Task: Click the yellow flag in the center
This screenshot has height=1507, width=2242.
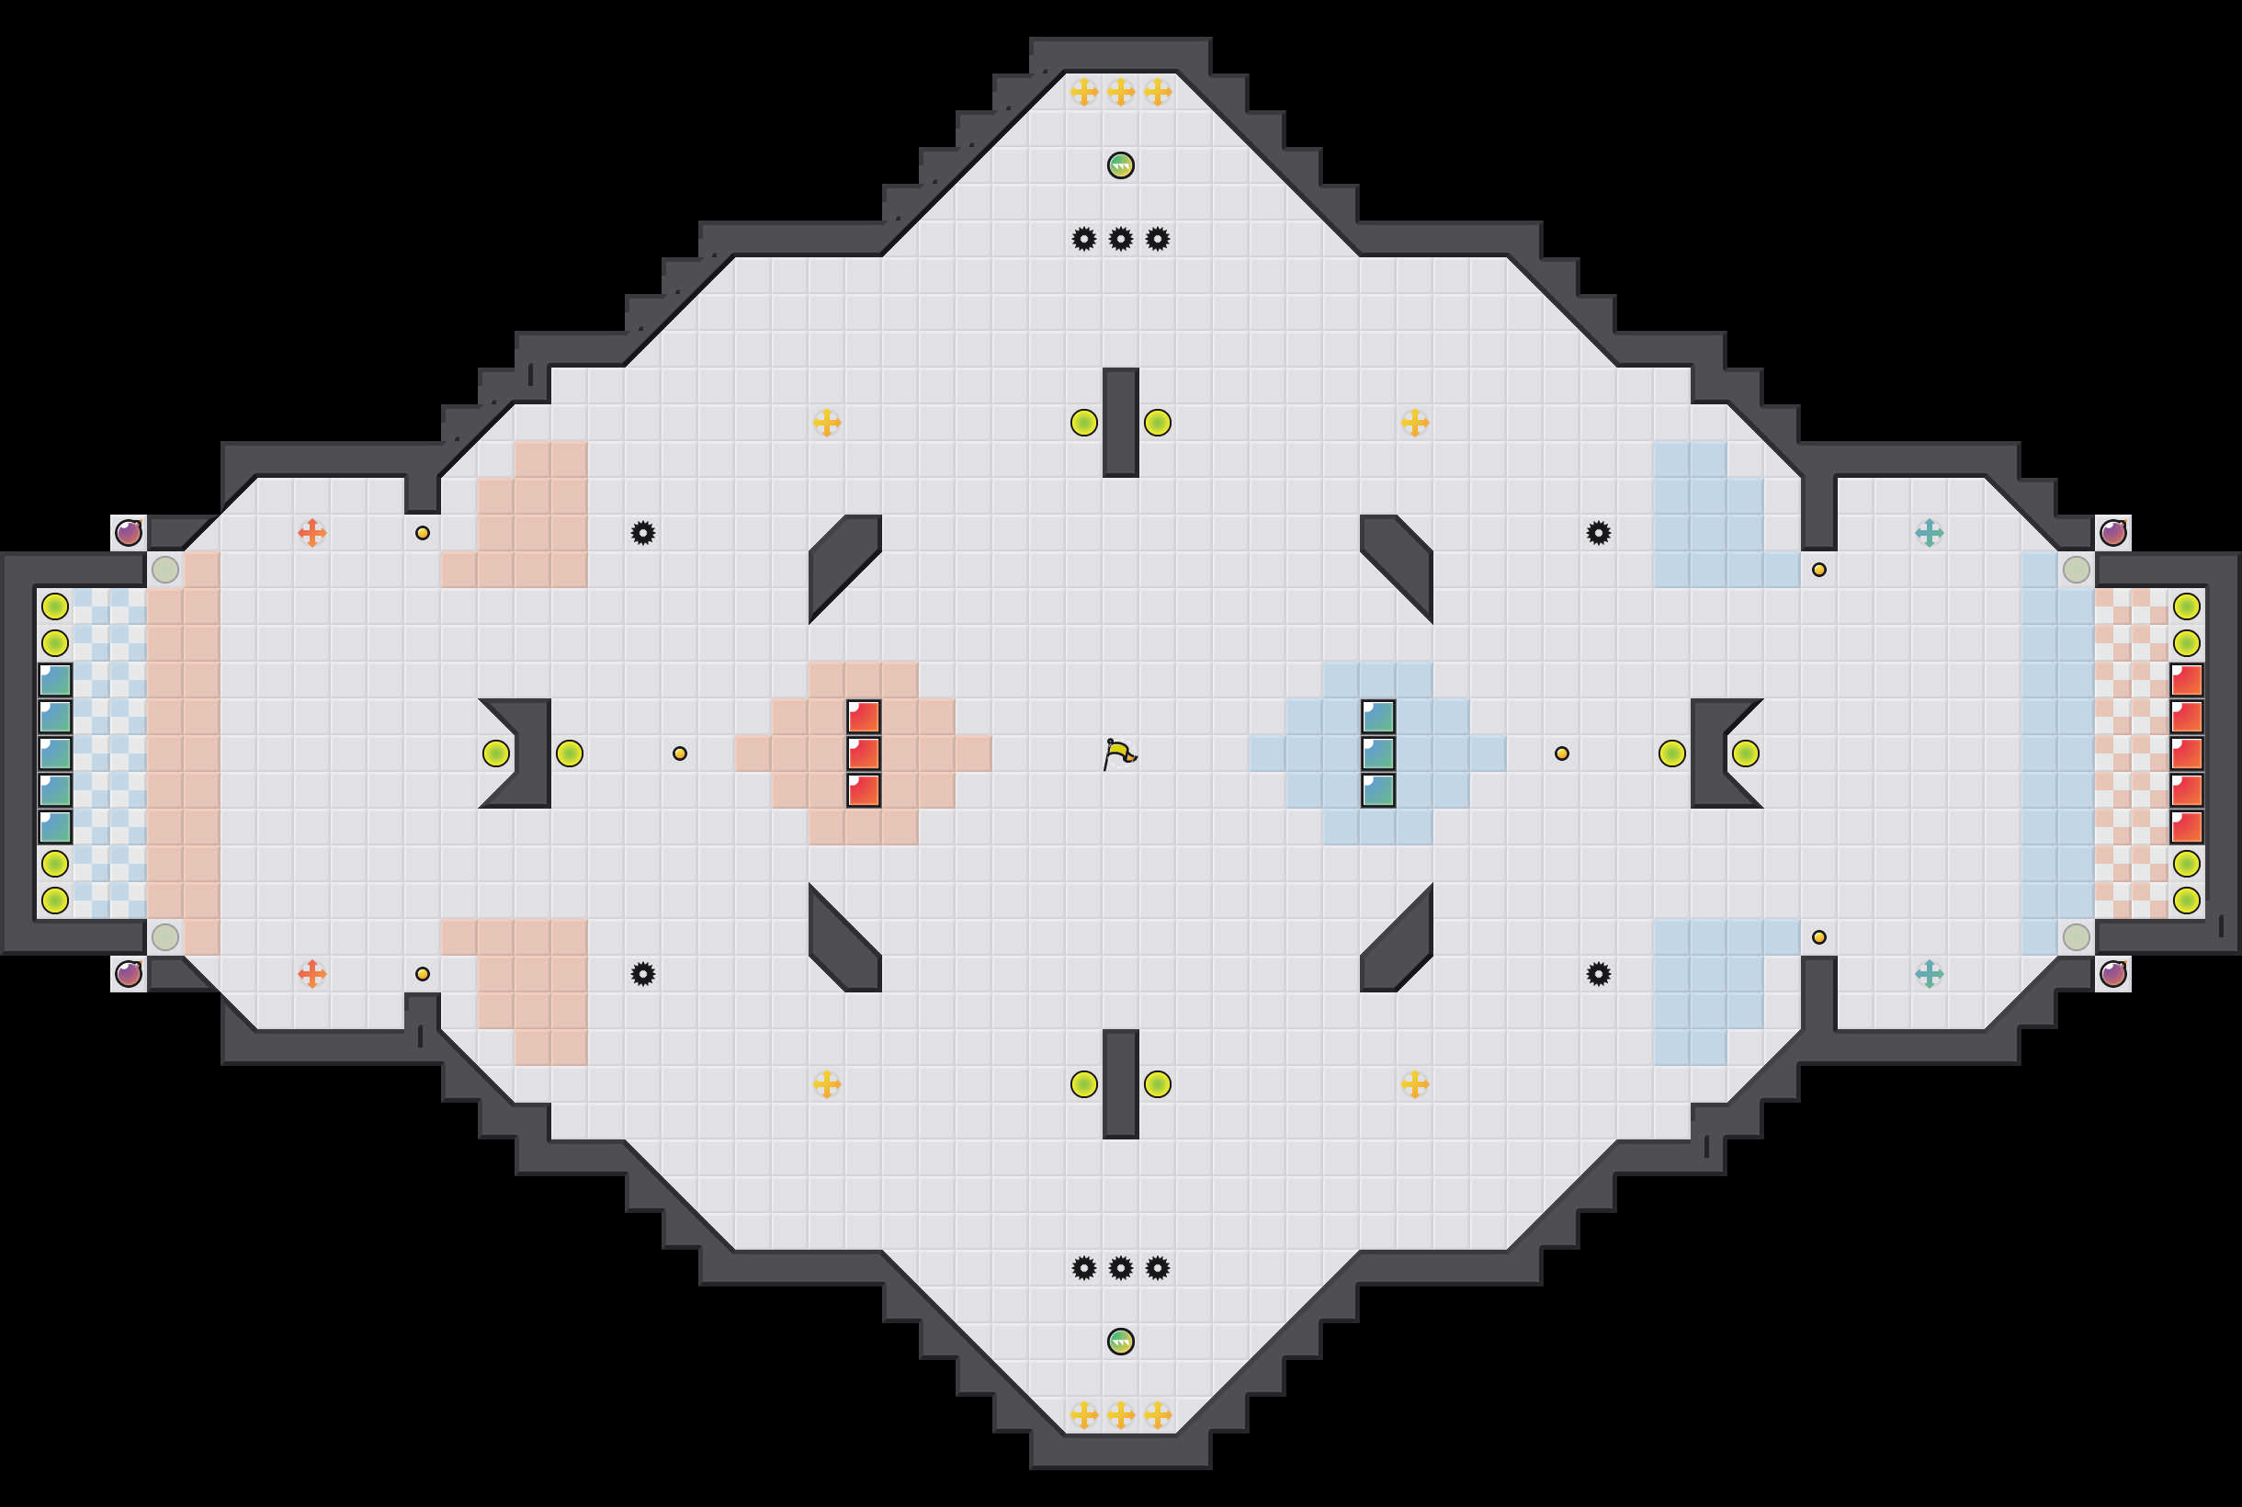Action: pos(1119,754)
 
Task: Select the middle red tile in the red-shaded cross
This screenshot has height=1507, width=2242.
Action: pos(863,753)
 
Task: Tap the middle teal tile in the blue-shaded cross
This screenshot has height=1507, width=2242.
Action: pos(1378,753)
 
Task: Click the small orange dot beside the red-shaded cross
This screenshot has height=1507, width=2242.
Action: pos(679,753)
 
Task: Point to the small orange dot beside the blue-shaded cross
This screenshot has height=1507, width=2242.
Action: pos(1562,753)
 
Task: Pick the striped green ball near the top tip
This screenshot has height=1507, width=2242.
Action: pos(1120,165)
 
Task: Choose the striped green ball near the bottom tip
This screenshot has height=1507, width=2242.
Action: pos(1120,1341)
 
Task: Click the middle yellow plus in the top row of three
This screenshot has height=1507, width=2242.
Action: pos(1120,92)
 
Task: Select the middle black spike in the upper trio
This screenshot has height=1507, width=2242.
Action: pos(1120,239)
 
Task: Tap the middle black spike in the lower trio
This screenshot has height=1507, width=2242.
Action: pos(1120,1268)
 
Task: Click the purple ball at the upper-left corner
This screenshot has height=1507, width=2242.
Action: pos(129,532)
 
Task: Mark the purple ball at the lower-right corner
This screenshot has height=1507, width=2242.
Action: pos(2113,974)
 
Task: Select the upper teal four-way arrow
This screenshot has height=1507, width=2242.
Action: pos(1929,532)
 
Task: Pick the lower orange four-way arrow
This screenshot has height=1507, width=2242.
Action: pos(311,974)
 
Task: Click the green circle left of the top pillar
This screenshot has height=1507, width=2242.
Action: pos(1084,423)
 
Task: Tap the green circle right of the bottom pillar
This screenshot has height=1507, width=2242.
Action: pos(1157,1084)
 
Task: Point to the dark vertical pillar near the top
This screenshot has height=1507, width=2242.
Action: pos(1120,422)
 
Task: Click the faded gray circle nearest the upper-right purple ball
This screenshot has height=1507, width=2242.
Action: pos(2076,570)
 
